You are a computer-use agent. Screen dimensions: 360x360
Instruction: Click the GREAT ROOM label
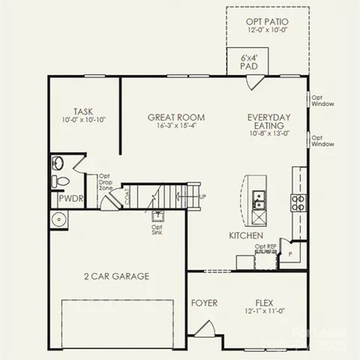(x=176, y=117)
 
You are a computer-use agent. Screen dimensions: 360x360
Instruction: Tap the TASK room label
(x=83, y=112)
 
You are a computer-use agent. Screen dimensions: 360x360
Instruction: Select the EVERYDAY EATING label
(x=268, y=121)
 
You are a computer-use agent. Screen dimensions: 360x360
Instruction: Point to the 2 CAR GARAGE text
(x=117, y=277)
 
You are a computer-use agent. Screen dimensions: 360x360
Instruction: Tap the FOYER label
(x=204, y=303)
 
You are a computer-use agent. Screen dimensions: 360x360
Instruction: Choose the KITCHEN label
(x=246, y=235)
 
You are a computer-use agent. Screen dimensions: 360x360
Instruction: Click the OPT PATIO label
(x=267, y=22)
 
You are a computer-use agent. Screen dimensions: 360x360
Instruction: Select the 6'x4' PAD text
(x=249, y=62)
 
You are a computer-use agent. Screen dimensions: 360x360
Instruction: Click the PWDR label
(x=71, y=198)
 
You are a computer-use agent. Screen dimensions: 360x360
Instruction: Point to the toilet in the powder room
(x=60, y=181)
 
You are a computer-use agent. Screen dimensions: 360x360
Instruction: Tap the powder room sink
(x=58, y=163)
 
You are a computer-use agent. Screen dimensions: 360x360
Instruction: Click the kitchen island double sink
(x=258, y=200)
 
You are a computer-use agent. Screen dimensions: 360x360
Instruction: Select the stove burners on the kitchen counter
(x=299, y=202)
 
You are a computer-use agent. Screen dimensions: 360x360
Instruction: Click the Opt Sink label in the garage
(x=157, y=230)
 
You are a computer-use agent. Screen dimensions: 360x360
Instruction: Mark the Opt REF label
(x=265, y=246)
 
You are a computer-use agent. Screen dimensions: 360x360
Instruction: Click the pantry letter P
(x=290, y=254)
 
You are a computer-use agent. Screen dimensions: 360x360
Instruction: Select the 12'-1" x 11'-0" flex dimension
(x=264, y=311)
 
